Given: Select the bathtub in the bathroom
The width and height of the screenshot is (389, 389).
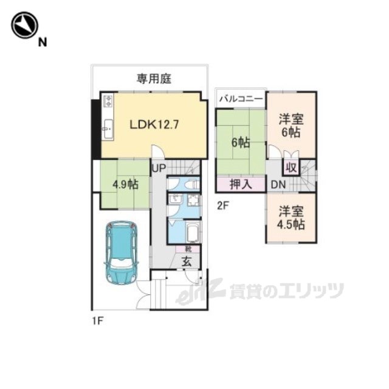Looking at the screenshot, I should point(191,233).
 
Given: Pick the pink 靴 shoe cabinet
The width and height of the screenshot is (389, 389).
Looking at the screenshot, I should point(182,249).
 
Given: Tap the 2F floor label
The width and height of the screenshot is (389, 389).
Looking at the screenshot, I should point(223,205).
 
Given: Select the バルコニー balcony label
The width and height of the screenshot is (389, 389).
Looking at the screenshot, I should point(241,97).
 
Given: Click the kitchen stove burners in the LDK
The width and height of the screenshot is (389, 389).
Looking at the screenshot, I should point(108,100).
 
